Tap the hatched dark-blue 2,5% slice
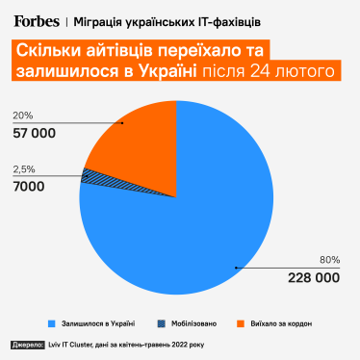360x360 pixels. (x=89, y=175)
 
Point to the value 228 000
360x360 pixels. (x=314, y=277)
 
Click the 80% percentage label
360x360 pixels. (x=329, y=260)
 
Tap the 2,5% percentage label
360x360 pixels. (x=25, y=168)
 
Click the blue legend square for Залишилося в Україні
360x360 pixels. (x=49, y=323)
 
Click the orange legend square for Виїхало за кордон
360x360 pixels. (x=240, y=323)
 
